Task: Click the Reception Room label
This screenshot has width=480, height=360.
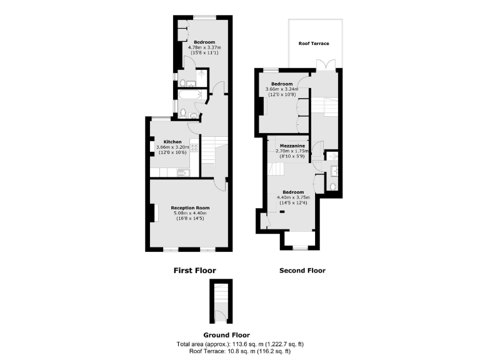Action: click(190, 207)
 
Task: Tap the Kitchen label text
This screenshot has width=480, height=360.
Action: click(172, 142)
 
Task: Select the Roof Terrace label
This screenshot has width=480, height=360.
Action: click(314, 43)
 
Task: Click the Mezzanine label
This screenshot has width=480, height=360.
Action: click(291, 145)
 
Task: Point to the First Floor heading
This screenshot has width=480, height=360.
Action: click(194, 271)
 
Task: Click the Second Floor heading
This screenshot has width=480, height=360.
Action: click(302, 271)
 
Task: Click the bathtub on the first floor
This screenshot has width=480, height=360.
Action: click(191, 96)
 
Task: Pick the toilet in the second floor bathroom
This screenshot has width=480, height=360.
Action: click(332, 186)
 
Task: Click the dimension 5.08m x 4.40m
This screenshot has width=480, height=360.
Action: click(190, 213)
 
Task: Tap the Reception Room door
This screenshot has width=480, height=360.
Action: click(219, 183)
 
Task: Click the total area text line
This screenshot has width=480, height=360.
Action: click(241, 344)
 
